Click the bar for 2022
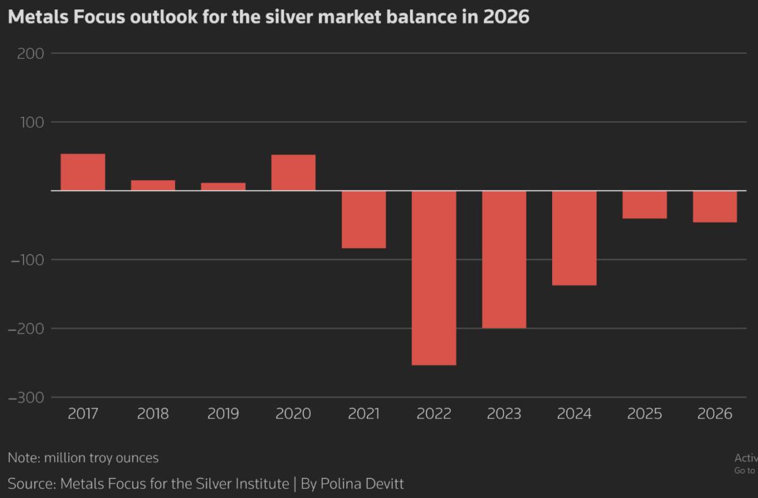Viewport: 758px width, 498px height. [x=434, y=278]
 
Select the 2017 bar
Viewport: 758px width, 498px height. [x=83, y=172]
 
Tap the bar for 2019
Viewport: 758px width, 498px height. [x=223, y=187]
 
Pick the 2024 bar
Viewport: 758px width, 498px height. [x=574, y=238]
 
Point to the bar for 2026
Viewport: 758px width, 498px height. [x=714, y=206]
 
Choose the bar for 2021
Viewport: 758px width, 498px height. [x=364, y=219]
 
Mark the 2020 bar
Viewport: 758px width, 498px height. [x=293, y=172]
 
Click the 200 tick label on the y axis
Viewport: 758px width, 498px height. [x=31, y=54]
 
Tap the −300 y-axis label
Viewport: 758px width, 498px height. [x=27, y=398]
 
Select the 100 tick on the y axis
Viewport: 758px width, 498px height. [x=31, y=122]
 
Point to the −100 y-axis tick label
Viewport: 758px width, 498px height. [x=27, y=260]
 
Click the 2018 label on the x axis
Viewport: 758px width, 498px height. [x=153, y=414]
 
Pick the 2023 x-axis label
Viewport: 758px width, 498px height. [x=504, y=414]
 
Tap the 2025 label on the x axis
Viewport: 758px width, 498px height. [x=644, y=414]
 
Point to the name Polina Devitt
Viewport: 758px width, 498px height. [x=362, y=484]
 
